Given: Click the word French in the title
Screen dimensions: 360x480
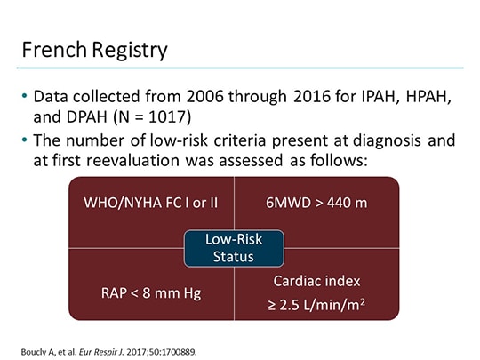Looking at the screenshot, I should tap(51, 50).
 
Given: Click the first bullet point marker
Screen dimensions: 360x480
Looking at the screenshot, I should tap(24, 98).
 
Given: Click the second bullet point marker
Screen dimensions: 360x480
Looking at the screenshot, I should tap(24, 140).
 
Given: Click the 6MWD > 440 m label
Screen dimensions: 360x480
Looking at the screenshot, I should tap(317, 203).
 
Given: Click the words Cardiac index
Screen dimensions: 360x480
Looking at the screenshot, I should tap(317, 281).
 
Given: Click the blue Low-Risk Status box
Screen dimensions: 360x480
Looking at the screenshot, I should tap(234, 248).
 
